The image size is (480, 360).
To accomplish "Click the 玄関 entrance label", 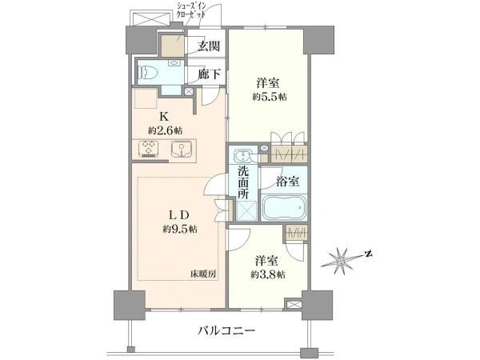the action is [209, 46].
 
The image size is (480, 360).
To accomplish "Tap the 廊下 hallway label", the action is [209, 74].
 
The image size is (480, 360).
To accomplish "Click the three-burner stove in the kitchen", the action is [149, 149].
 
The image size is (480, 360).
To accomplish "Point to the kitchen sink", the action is [181, 149].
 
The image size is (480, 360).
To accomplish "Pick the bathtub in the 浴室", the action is [284, 208].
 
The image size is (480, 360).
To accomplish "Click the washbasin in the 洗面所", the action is [243, 155].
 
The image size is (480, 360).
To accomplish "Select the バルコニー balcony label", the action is [226, 330].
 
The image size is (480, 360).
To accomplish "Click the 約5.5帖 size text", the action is [270, 98].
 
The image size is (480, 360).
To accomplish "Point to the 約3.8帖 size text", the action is [268, 274].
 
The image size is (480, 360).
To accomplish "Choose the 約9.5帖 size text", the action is [180, 229].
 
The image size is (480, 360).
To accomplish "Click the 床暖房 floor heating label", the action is [203, 274].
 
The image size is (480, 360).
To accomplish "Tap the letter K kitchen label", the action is [164, 116].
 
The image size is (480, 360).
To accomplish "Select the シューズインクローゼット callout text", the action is [190, 10].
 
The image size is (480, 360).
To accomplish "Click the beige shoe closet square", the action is [173, 46].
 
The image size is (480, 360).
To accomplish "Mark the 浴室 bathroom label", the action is [287, 182].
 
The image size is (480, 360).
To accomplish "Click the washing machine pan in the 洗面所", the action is [247, 211].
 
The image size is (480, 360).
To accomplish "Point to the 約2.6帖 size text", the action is [166, 131].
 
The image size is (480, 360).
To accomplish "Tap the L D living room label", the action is [178, 215].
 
